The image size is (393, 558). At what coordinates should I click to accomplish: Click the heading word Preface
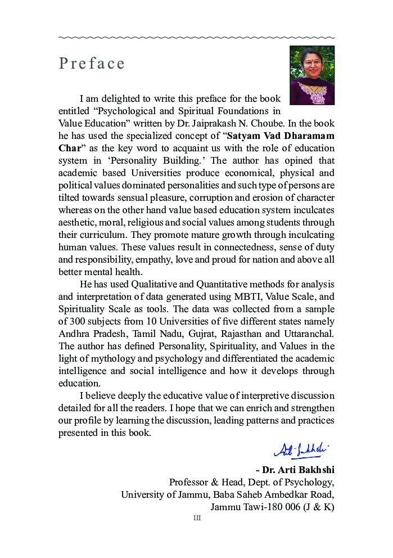[92, 64]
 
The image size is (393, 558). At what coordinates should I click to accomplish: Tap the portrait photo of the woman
[312, 75]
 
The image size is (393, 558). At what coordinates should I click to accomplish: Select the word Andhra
[74, 334]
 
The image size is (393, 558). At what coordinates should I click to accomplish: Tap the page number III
[197, 519]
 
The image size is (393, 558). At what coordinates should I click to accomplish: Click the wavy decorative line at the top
[197, 38]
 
